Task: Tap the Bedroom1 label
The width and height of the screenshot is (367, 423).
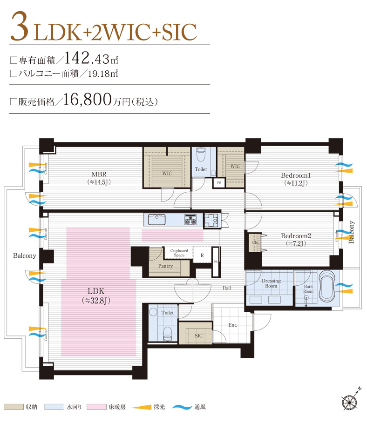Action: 295,175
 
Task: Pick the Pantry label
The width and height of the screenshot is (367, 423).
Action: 165,266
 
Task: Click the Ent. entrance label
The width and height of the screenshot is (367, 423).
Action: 232,325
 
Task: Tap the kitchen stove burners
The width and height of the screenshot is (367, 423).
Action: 191,219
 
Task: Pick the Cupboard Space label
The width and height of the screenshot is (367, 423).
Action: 179,253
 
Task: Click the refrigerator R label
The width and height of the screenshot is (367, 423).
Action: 202,255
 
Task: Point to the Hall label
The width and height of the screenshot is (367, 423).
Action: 226,288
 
